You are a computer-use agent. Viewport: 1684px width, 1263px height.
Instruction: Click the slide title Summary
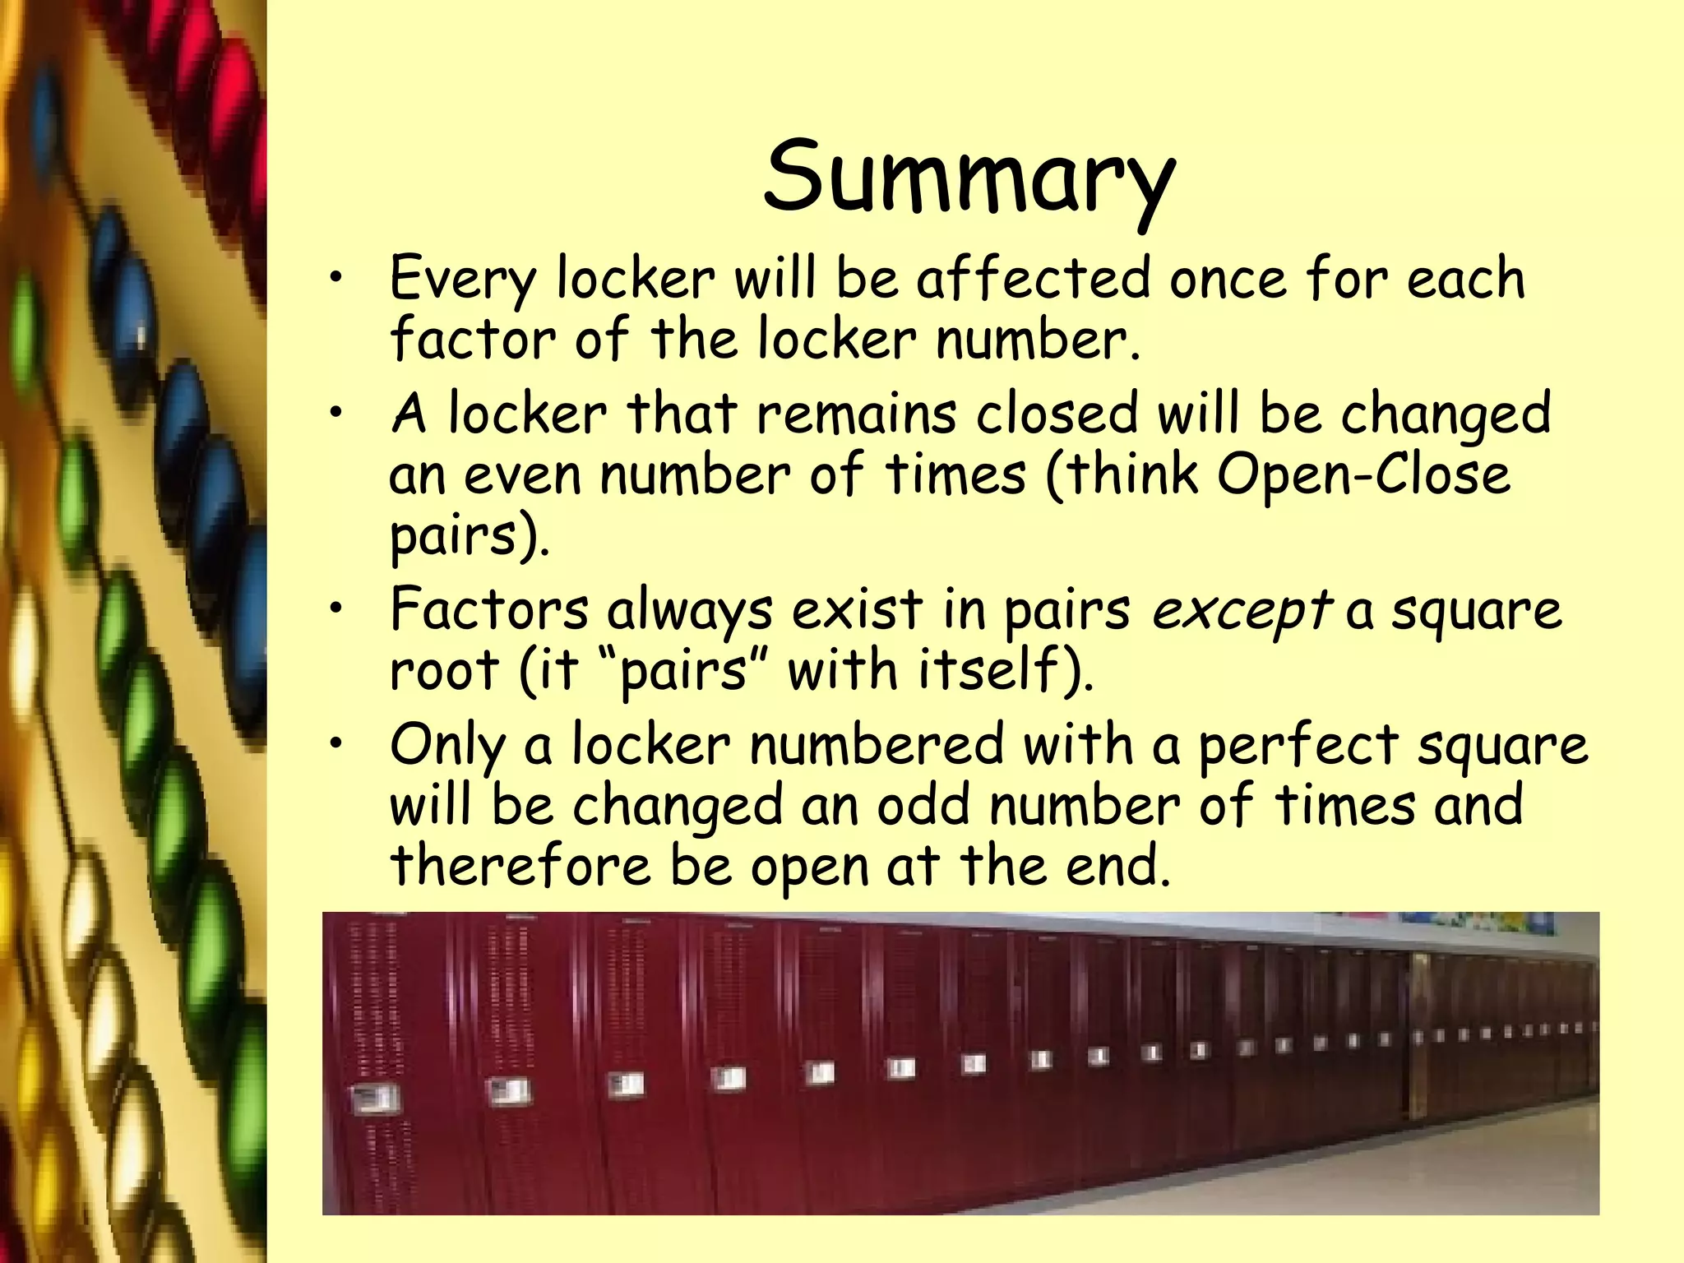(969, 178)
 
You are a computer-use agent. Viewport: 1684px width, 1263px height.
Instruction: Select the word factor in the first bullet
(472, 339)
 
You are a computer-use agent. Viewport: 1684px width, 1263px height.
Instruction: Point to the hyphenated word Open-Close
(1363, 474)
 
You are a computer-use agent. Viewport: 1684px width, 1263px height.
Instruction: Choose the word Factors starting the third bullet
(488, 610)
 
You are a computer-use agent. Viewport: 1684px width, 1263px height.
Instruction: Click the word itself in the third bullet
(998, 669)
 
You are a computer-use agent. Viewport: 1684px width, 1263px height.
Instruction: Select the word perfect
(1298, 745)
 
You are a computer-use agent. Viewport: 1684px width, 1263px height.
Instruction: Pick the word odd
(923, 805)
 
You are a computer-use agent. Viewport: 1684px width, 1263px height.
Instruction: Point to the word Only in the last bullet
(447, 745)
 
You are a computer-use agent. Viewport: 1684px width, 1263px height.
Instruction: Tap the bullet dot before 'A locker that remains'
(335, 414)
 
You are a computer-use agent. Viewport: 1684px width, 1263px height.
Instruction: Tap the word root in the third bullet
(443, 671)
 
